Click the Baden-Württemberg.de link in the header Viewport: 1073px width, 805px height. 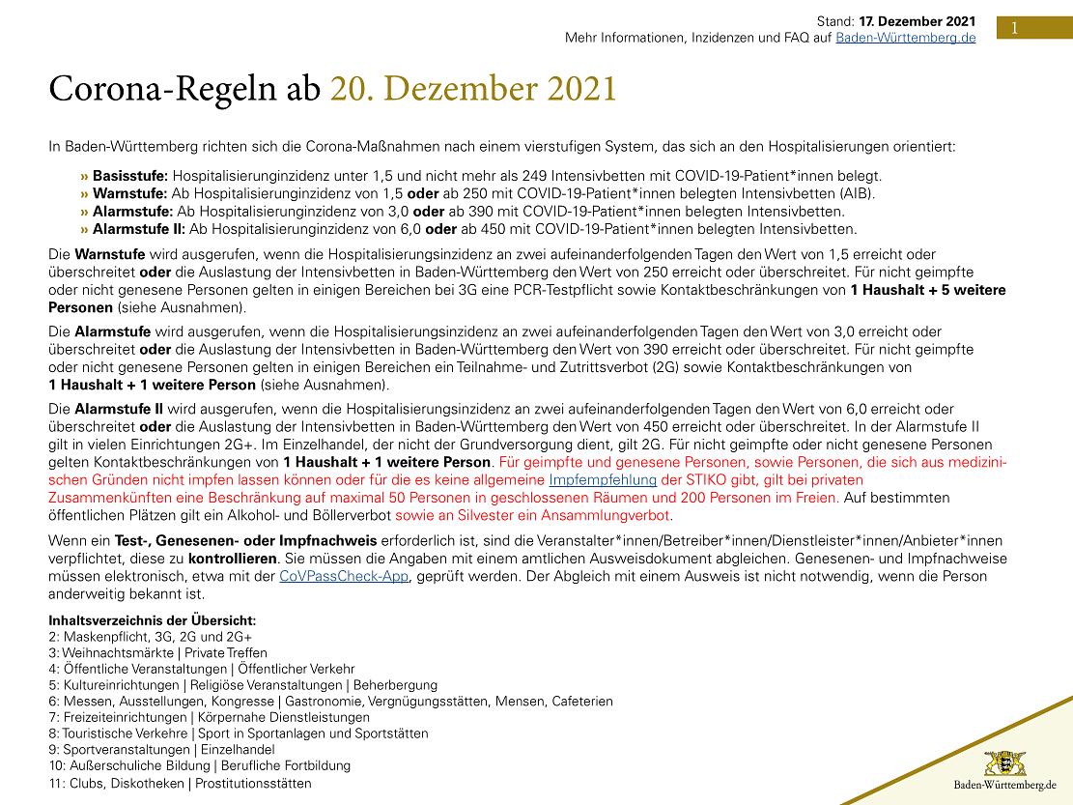pyautogui.click(x=905, y=37)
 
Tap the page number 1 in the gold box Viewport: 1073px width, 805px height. pyautogui.click(x=1014, y=28)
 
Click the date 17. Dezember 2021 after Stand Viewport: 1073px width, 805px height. pyautogui.click(x=917, y=20)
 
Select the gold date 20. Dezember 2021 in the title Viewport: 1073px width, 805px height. pyautogui.click(x=473, y=88)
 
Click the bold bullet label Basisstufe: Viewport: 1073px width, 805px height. pyautogui.click(x=129, y=176)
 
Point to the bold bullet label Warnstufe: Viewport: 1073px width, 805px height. pyautogui.click(x=127, y=193)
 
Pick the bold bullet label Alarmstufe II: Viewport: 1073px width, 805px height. pyautogui.click(x=138, y=229)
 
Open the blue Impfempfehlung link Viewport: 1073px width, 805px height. pyautogui.click(x=603, y=479)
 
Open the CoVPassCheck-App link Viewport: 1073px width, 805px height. pyautogui.click(x=344, y=576)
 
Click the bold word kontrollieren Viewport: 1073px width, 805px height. pyautogui.click(x=233, y=559)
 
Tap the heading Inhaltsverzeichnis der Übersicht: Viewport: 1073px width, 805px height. pyautogui.click(x=152, y=620)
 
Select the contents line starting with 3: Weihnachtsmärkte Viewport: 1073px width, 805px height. pyautogui.click(x=157, y=652)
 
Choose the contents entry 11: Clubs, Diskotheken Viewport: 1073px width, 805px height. pyautogui.click(x=180, y=784)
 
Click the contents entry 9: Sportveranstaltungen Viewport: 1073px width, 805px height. pyautogui.click(x=161, y=749)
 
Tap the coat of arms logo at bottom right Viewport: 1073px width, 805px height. pyautogui.click(x=1004, y=762)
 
